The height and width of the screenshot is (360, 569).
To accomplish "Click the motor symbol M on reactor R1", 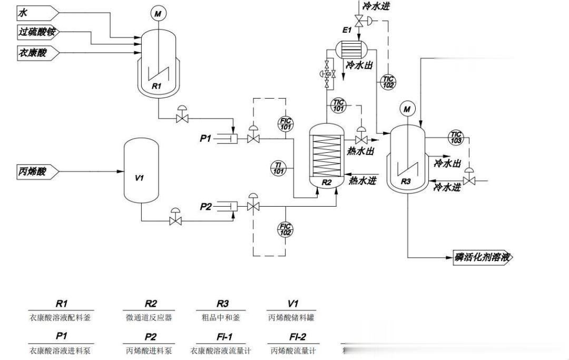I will click(158, 14).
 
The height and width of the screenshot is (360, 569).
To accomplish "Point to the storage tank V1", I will click(140, 171).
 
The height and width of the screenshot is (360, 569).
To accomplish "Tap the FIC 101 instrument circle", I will click(285, 124).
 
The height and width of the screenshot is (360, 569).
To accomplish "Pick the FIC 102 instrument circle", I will click(285, 229).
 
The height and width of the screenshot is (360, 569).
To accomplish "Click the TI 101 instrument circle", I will click(279, 168).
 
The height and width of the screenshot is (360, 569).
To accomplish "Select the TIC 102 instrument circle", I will click(388, 82).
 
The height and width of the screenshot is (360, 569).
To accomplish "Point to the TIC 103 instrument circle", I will click(456, 138).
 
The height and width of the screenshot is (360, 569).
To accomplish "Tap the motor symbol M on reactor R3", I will click(407, 109).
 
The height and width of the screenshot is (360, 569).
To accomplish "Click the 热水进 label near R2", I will click(362, 181).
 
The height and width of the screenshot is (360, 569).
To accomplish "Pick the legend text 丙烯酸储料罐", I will click(293, 318).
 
